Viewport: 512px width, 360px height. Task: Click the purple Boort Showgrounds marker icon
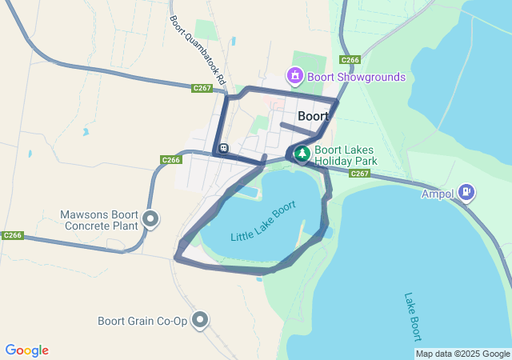coord(295,76)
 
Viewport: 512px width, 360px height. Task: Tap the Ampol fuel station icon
coord(467,192)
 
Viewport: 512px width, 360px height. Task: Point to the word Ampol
coord(438,193)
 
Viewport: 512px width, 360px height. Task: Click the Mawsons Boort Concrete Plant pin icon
coord(150,218)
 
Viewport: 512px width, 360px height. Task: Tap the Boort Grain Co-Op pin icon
coord(200,321)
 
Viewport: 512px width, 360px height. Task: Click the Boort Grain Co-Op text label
coord(142,322)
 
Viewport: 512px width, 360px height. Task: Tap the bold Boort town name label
coord(313,116)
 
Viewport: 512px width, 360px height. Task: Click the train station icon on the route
coord(223,148)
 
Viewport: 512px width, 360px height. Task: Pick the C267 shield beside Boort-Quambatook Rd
coord(202,88)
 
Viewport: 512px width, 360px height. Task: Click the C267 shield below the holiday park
coord(359,174)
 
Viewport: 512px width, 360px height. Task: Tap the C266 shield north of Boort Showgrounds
coord(349,60)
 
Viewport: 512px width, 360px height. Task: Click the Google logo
coord(26,350)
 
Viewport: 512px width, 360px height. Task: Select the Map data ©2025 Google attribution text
coord(462,354)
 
